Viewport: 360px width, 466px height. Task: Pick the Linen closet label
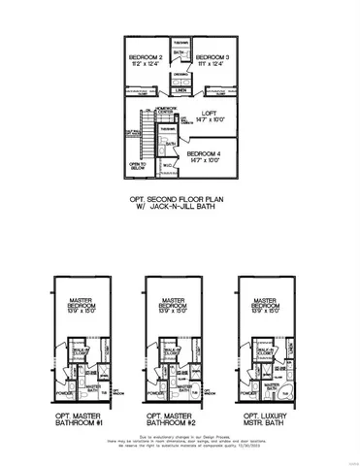point(180,90)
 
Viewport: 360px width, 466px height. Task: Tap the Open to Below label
point(139,166)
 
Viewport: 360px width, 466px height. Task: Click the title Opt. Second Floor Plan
point(180,198)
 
